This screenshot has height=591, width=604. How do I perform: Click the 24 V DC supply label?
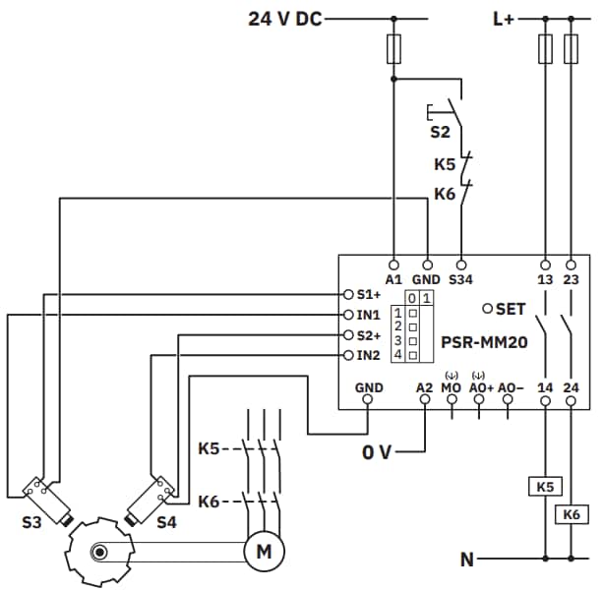click(284, 17)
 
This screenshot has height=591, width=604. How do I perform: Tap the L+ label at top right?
click(503, 17)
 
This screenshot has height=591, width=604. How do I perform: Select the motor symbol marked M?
click(263, 552)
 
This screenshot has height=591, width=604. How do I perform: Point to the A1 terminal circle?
click(394, 264)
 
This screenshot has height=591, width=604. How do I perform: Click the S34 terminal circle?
click(460, 264)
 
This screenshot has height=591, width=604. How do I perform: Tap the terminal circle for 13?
click(545, 264)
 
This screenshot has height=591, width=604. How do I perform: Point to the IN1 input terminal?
click(348, 315)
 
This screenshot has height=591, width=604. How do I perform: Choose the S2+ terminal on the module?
click(348, 334)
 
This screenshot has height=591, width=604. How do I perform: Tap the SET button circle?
click(488, 309)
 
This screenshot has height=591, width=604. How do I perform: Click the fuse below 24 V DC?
click(394, 46)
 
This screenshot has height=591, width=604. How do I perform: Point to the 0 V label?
click(377, 452)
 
